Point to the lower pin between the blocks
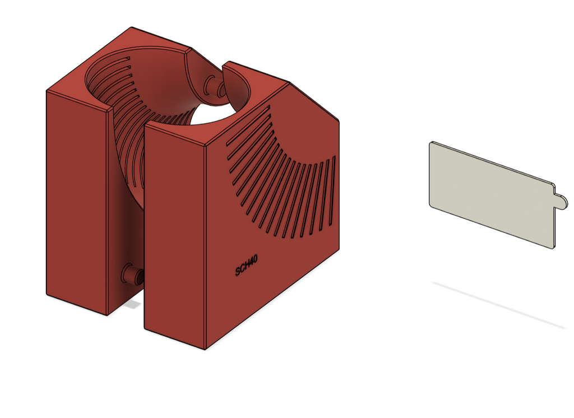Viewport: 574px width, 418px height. tap(133, 275)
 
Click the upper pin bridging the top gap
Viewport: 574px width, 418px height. tap(214, 85)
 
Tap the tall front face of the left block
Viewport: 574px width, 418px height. tap(76, 202)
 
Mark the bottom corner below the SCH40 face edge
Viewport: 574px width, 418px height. tap(205, 349)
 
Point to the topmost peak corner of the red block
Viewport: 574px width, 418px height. tap(131, 27)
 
